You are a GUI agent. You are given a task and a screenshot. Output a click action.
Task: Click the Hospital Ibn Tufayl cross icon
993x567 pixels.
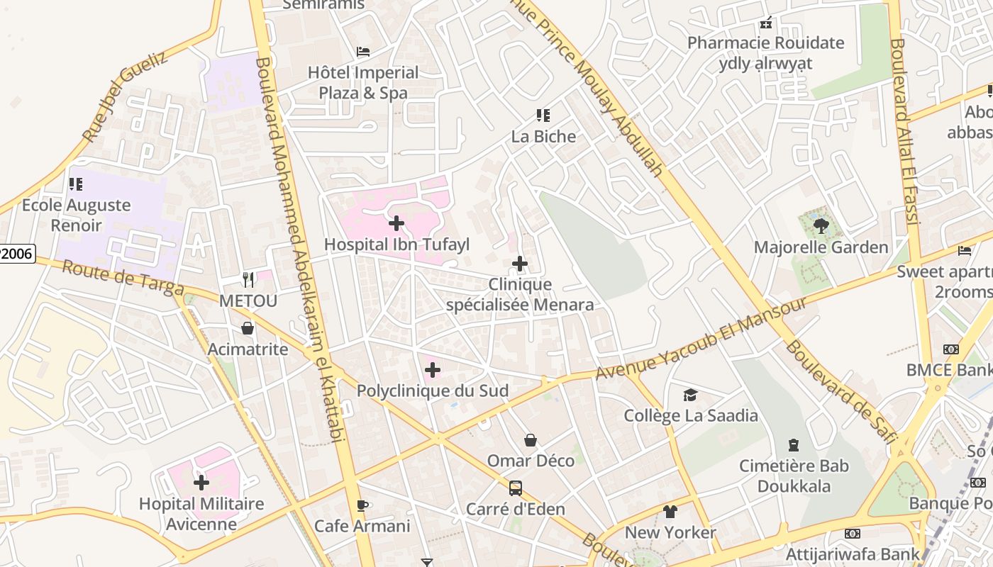point(396,224)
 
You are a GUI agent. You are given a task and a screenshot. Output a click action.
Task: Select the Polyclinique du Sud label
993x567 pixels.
point(433,391)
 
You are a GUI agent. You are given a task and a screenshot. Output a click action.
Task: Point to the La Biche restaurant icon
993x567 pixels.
point(543,116)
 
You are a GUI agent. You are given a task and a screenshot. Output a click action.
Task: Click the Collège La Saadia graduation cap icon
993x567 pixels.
point(690,395)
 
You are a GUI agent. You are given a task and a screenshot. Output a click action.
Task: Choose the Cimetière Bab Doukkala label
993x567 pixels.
point(794,476)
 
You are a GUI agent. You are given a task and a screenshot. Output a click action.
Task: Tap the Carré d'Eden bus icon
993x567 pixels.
point(516,488)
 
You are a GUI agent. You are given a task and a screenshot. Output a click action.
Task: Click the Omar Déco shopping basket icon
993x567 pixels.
point(531,441)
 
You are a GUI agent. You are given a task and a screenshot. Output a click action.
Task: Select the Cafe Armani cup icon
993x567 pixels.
point(362,505)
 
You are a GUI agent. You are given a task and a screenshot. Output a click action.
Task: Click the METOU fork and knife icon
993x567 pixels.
point(248,280)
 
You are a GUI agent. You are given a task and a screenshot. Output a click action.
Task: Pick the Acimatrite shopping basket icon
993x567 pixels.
point(248,328)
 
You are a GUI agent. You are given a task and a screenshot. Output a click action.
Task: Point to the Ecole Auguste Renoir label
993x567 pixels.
point(76,215)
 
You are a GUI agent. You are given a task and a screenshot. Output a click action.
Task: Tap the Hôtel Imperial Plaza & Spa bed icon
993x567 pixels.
point(363,52)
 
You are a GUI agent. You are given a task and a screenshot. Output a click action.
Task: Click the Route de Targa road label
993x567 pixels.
point(122,279)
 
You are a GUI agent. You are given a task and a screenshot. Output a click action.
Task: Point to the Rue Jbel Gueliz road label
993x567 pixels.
point(125,96)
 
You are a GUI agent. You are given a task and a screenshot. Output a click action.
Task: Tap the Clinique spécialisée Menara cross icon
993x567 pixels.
point(520,264)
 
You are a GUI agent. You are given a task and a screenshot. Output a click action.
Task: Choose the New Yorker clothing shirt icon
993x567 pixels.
point(670,512)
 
